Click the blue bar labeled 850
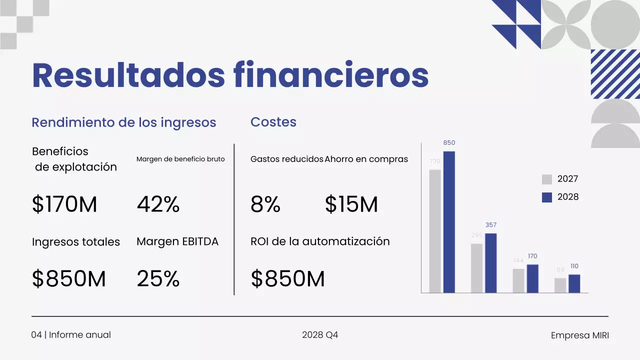(x=449, y=222)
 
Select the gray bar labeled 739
(x=435, y=231)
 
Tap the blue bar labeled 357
(x=491, y=263)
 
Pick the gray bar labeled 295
(x=476, y=268)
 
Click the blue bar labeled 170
(x=532, y=278)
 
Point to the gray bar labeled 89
(x=560, y=285)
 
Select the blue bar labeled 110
(x=574, y=283)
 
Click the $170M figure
(x=64, y=204)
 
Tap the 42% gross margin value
(x=158, y=204)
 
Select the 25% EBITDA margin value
(x=158, y=278)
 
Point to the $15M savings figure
(x=351, y=204)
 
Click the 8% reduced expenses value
(x=265, y=204)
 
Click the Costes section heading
(x=273, y=122)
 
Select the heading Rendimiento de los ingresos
(x=124, y=122)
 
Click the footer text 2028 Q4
(x=320, y=335)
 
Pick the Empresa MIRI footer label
(x=580, y=335)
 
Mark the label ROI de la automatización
(x=320, y=241)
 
